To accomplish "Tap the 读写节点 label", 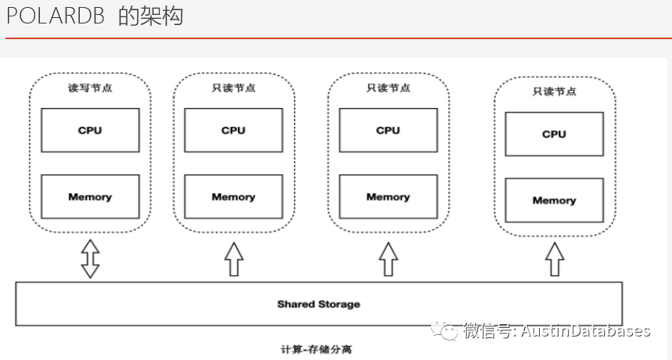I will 90,88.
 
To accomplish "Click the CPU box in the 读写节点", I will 90,130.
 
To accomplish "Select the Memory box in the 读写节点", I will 90,196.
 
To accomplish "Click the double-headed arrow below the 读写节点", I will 90,258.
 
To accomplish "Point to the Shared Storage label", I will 318,304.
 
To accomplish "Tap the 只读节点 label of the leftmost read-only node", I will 233,88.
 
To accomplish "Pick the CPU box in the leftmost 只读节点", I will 233,130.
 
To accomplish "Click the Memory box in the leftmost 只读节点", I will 233,196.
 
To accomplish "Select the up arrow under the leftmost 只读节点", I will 233,258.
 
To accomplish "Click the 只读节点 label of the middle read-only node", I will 388,88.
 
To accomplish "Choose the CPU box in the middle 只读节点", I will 388,130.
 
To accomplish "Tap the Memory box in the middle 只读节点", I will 388,196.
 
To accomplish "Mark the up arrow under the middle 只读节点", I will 388,258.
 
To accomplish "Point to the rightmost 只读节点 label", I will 554,92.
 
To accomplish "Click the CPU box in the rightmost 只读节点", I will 554,134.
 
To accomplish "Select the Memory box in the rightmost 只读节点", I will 554,200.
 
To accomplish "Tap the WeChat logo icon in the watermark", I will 449,331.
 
